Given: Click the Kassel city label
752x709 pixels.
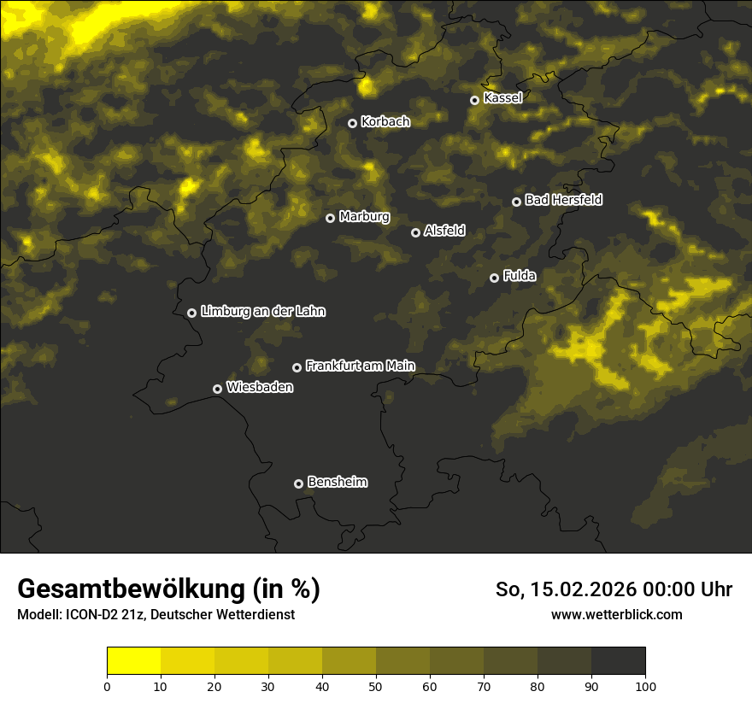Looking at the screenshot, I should point(502,98).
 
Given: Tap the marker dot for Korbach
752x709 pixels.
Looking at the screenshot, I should point(352,123).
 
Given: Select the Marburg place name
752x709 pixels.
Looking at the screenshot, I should point(364,217).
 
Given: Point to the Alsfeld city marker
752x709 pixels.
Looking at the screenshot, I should point(415,232).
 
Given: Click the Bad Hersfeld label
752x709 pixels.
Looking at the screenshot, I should point(563,200).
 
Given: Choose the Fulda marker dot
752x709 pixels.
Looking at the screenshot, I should point(494,278).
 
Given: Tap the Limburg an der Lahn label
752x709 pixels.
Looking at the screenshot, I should point(262,312).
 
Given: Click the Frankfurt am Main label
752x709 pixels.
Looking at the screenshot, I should point(360,366).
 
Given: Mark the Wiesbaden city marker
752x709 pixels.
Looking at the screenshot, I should point(217,389).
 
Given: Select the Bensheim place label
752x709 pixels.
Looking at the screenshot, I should point(337,483).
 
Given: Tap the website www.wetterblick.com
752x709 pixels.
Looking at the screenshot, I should point(617,614).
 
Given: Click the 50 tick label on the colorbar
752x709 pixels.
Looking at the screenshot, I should point(376,686).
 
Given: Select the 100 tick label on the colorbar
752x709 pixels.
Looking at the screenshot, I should point(645,686).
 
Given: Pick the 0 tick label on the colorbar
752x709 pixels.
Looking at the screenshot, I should point(107,686).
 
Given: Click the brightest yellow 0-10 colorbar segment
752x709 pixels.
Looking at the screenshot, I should point(133,661).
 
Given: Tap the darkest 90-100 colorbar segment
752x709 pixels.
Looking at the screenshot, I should point(618,661).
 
